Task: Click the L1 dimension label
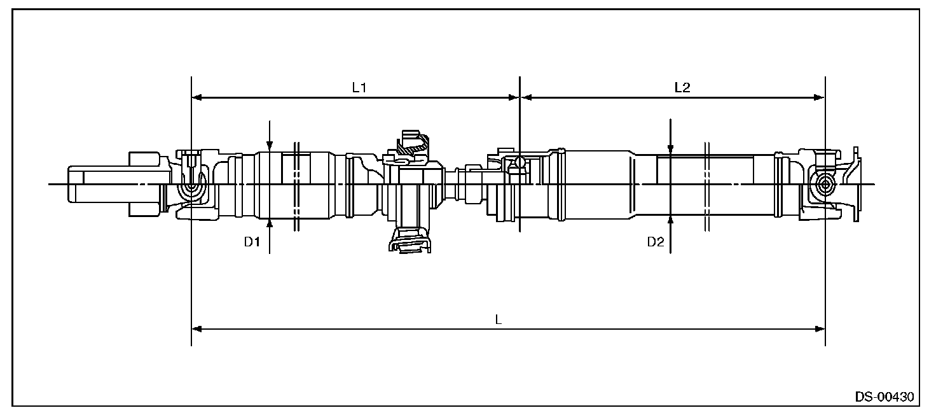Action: (x=359, y=88)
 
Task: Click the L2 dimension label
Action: (x=682, y=88)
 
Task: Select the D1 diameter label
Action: (x=252, y=243)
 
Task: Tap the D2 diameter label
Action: (x=656, y=243)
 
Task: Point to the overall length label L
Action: (x=499, y=320)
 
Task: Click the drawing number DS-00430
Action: (x=884, y=397)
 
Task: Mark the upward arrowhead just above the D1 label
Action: (x=270, y=222)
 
